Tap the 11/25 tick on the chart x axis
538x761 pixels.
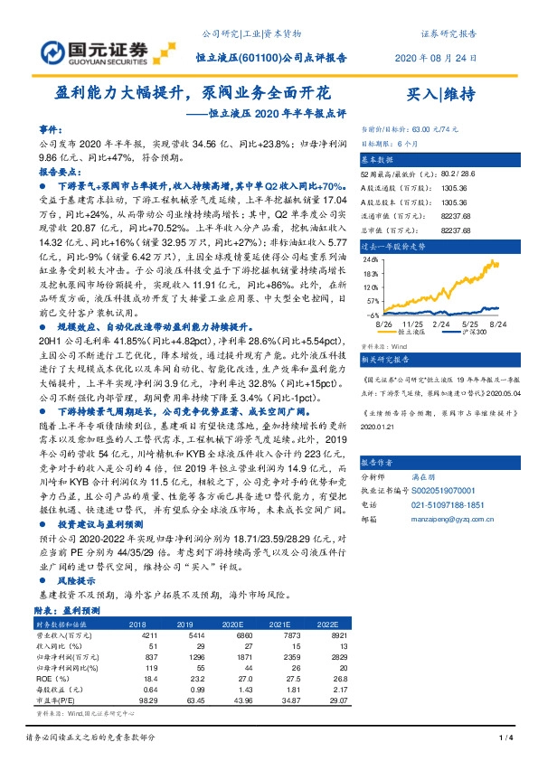tap(415, 323)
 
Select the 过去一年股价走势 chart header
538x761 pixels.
tap(392, 245)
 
